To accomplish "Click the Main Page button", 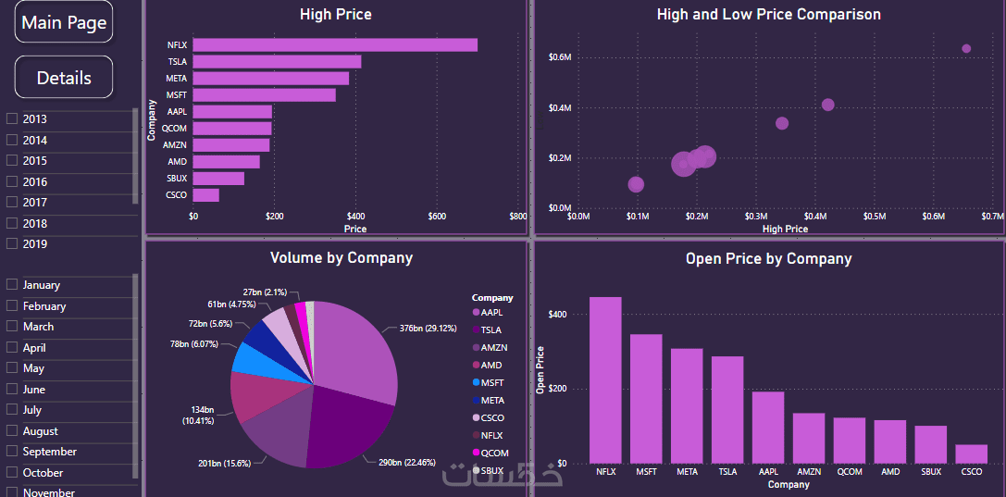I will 64,22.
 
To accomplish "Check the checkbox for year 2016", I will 12,181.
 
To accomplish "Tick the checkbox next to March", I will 12,327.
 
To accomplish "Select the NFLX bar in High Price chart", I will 335,45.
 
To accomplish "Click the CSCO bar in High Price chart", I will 205,195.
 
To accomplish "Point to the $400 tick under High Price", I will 355,217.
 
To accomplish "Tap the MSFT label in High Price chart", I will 176,95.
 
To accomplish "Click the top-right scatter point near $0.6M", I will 966,49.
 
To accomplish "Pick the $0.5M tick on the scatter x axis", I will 875,217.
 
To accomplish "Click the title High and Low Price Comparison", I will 768,15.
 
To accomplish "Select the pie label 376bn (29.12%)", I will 428,328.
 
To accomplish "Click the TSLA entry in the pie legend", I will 491,329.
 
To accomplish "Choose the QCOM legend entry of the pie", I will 494,453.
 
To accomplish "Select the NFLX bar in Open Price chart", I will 605,379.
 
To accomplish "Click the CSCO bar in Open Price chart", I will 971,454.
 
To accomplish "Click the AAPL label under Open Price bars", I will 768,472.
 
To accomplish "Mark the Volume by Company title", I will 341,258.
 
